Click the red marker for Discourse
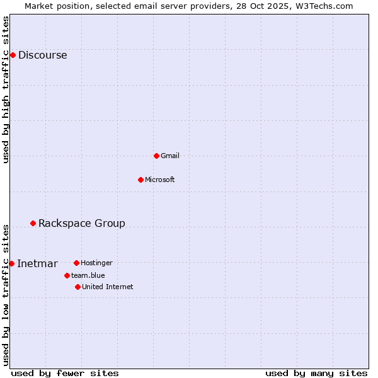pos(13,55)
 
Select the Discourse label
pos(42,55)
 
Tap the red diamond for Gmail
pos(156,156)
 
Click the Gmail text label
pos(170,156)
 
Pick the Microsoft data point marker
pos(140,180)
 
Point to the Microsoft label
pos(160,180)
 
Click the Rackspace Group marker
pos(33,223)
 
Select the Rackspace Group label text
pos(82,223)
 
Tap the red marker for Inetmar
pos(11,263)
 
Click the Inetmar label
pos(37,263)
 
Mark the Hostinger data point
pos(76,263)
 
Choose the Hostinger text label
pos(96,263)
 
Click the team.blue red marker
pos(67,275)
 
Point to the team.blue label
pos(88,275)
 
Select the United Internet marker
pos(77,287)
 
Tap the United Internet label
pos(107,287)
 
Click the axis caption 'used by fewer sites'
pos(65,373)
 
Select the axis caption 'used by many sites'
pos(316,373)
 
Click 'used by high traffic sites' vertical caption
pos(6,89)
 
